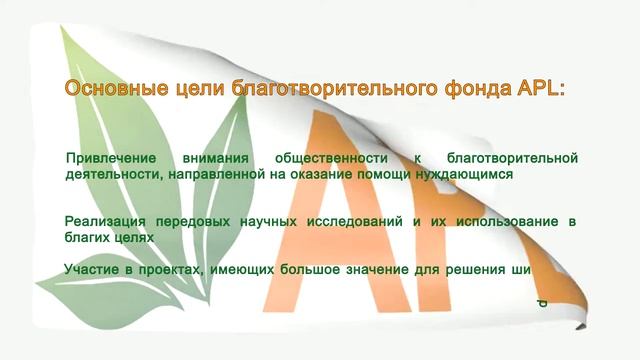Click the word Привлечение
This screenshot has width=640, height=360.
tap(110, 158)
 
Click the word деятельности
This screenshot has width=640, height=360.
tap(107, 173)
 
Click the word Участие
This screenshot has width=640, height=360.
tap(92, 268)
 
